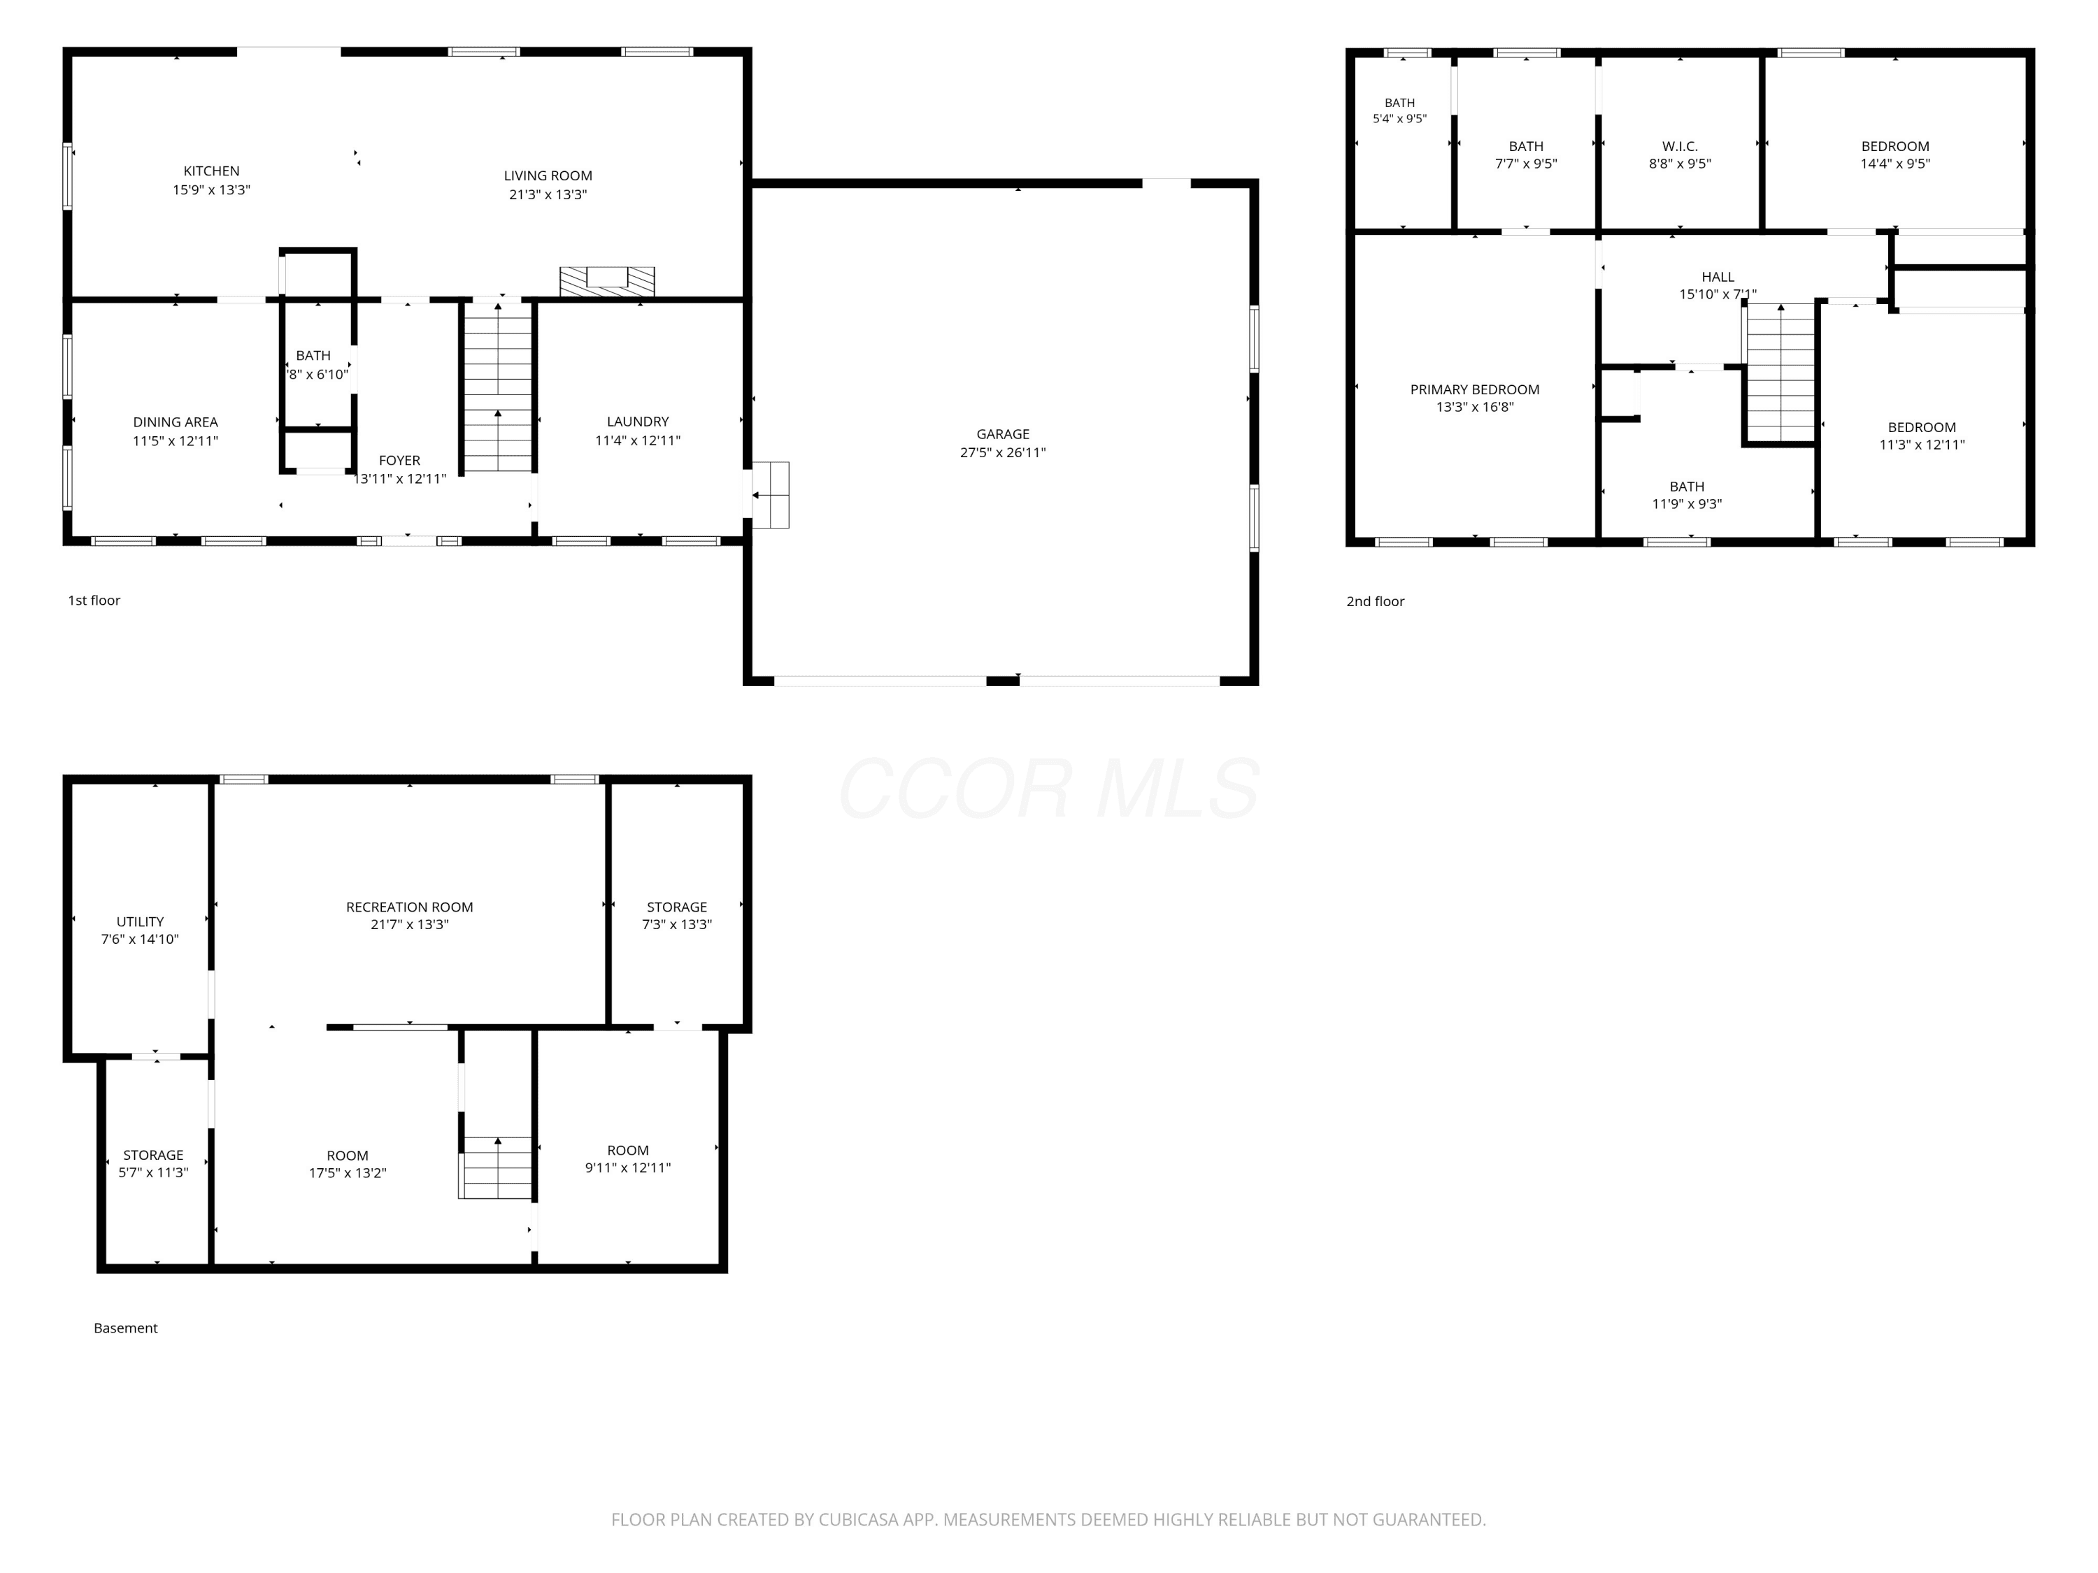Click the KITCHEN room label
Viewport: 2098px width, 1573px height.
(211, 171)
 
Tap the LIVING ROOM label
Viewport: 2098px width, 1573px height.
(548, 175)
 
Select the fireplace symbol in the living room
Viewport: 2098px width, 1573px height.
(607, 282)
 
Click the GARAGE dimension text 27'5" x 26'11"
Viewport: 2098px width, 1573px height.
(1003, 452)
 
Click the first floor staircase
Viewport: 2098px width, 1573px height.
(498, 387)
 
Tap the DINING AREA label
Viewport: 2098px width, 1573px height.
(176, 422)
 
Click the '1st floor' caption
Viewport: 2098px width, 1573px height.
(94, 600)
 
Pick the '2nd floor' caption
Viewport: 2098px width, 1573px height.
(1376, 601)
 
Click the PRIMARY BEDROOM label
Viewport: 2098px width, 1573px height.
(1475, 389)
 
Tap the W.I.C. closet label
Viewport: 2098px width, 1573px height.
(1680, 146)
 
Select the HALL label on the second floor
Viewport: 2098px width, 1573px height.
(1718, 277)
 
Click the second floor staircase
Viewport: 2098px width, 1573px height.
(1781, 373)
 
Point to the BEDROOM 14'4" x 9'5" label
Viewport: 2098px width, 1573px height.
(1895, 155)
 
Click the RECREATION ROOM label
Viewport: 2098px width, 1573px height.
(410, 907)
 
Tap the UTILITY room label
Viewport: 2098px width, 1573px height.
(141, 921)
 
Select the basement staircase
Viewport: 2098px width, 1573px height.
(496, 1168)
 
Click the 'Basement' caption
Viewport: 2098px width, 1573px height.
(125, 1328)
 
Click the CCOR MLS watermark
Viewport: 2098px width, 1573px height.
(1049, 789)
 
